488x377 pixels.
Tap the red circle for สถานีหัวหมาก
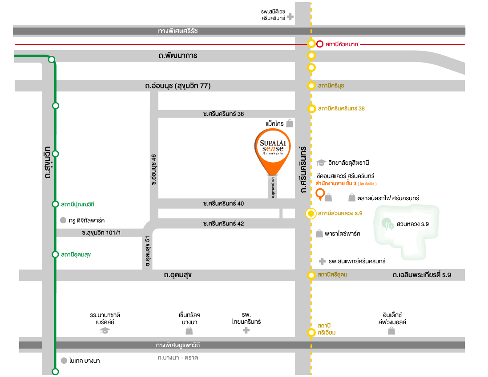coord(320,44)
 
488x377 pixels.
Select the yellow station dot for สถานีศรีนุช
coord(311,85)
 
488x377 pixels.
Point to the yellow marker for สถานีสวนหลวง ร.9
coord(311,214)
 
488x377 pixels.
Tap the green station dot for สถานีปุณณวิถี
coord(56,204)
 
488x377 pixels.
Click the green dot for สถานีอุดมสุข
coord(56,254)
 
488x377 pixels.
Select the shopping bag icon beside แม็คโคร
coord(290,123)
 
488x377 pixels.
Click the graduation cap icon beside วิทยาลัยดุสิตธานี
coord(322,163)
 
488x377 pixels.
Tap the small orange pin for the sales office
coord(319,194)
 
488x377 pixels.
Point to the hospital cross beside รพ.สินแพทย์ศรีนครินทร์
coord(323,262)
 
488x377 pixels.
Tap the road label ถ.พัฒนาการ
coord(177,56)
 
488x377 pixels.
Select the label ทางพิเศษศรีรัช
coord(177,31)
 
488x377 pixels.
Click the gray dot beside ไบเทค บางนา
coord(63,361)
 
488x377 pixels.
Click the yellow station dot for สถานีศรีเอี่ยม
coord(311,333)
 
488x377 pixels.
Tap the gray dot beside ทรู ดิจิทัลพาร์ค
coord(63,220)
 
